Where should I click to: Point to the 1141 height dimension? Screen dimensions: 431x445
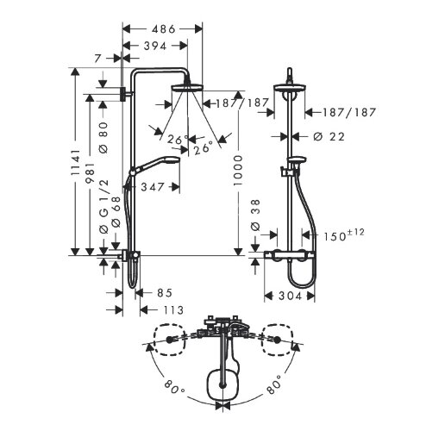click(76, 164)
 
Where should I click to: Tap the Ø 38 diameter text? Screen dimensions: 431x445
click(254, 215)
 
